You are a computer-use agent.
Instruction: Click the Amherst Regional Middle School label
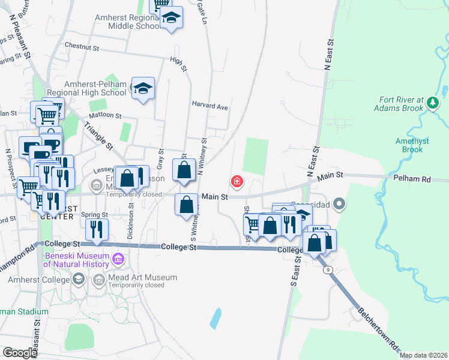coord(127,22)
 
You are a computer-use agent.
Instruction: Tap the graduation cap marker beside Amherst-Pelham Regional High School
coord(143,89)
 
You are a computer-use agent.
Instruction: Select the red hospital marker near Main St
coord(238,181)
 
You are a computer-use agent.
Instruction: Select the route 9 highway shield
coord(328,271)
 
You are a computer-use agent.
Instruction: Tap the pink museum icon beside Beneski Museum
coord(118,260)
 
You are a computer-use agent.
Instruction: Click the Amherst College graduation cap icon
coord(79,279)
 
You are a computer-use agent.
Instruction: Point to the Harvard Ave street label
coord(210,106)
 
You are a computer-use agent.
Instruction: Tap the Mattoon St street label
coord(105,115)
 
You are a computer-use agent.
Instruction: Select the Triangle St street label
coord(98,137)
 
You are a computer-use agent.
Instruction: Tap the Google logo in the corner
coord(20,353)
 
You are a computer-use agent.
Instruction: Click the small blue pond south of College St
coord(215,318)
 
